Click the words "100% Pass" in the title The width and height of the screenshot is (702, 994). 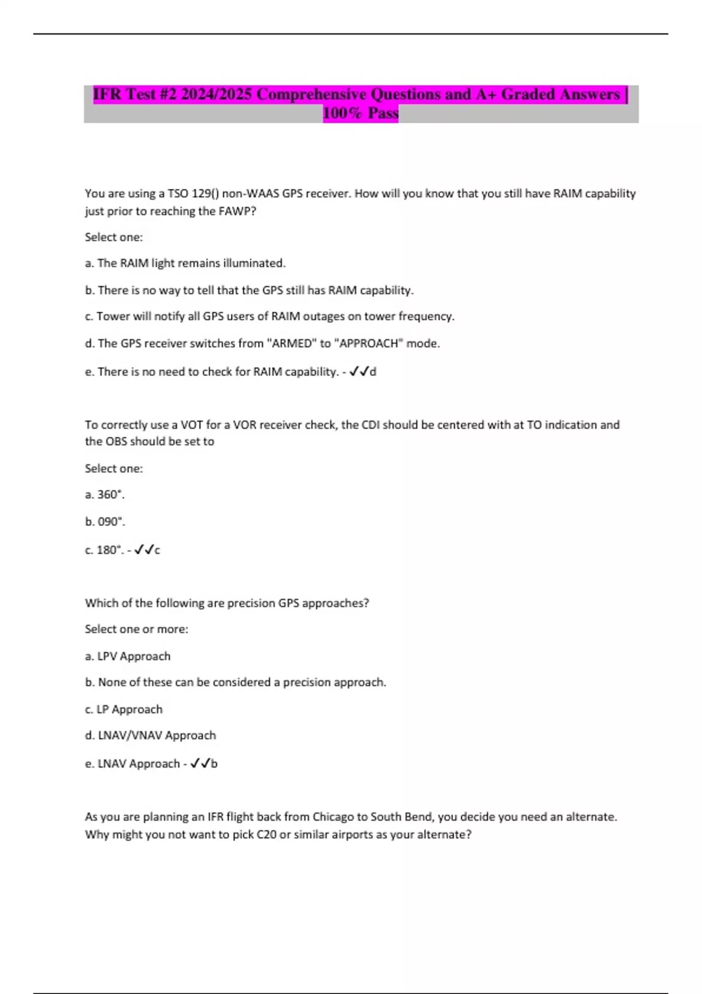360,113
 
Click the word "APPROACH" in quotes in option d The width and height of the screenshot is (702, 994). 368,343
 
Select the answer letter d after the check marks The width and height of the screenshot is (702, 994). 373,372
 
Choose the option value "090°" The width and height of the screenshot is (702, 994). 111,522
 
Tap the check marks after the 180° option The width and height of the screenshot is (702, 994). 144,550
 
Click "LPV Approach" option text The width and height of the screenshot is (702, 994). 134,656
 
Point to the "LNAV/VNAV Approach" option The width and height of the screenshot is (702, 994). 157,735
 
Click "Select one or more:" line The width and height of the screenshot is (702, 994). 136,629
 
